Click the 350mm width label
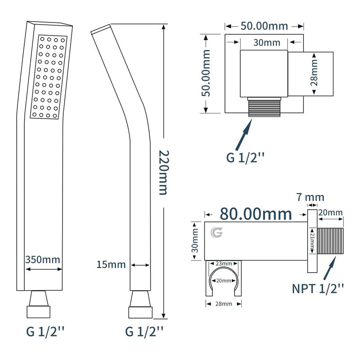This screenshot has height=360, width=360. [x=43, y=260]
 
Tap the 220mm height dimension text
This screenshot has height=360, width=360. [x=164, y=173]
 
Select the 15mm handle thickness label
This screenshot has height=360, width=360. [x=111, y=265]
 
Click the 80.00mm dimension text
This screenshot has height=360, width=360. [x=256, y=214]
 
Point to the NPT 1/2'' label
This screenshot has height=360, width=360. [x=318, y=288]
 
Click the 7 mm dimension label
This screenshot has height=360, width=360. [x=310, y=197]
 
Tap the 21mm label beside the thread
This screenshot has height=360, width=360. [x=312, y=241]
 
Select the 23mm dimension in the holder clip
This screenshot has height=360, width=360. [x=224, y=264]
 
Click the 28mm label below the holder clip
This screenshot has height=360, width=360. [x=224, y=304]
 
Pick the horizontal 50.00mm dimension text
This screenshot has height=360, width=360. [x=264, y=26]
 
